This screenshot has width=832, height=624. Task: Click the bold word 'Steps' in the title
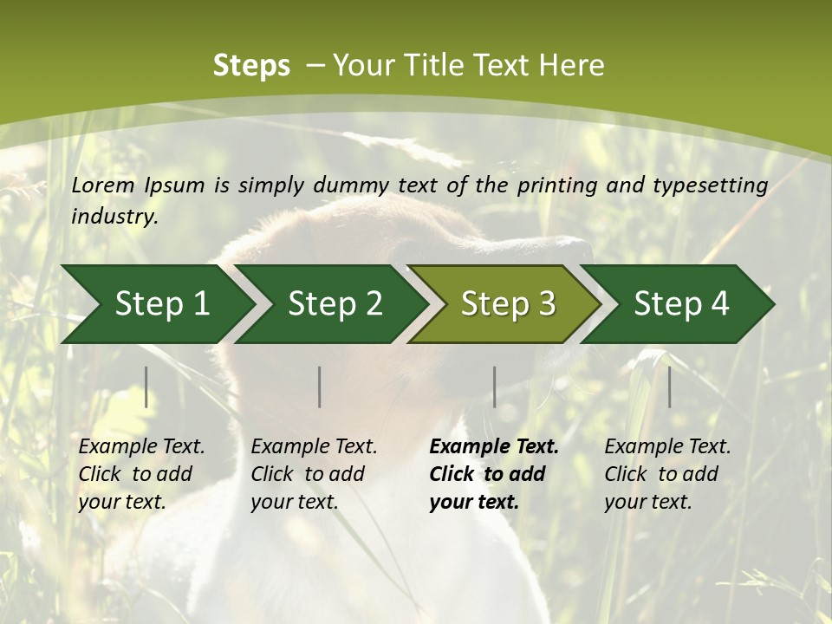click(x=251, y=65)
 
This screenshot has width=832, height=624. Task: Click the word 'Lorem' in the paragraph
click(x=103, y=185)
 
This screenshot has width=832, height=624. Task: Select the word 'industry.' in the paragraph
click(x=115, y=216)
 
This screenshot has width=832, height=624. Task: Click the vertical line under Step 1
click(x=146, y=387)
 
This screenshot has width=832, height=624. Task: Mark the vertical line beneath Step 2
click(x=320, y=387)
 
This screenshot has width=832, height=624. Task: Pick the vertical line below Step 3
click(x=494, y=387)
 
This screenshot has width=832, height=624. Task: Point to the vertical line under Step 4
click(x=669, y=387)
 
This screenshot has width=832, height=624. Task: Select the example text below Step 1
click(x=141, y=474)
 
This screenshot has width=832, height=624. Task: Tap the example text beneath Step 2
click(x=314, y=474)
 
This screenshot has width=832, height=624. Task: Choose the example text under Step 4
click(x=667, y=474)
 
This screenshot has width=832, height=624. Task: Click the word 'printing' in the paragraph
click(x=553, y=185)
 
